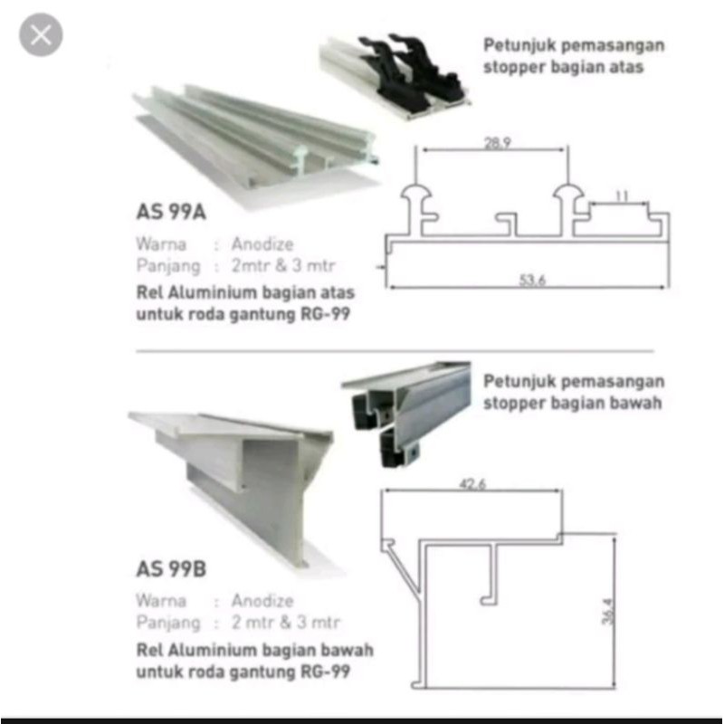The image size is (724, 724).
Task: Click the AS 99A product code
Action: [172, 215]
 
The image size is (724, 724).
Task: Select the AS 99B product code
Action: [172, 570]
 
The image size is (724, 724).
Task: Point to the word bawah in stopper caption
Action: [633, 403]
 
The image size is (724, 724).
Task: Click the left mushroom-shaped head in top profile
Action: [415, 193]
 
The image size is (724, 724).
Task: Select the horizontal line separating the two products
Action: [394, 350]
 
